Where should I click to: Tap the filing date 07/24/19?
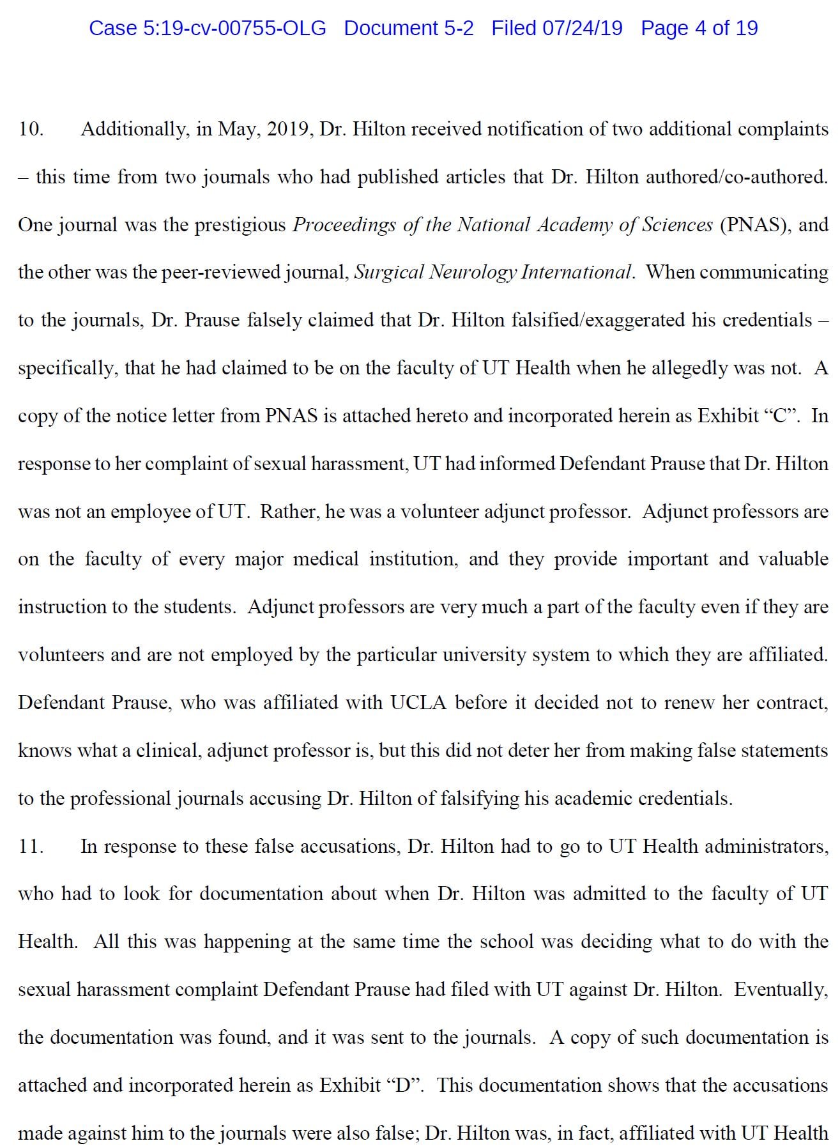coord(582,28)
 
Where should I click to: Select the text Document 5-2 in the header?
coord(409,28)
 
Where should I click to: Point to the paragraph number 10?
coord(31,129)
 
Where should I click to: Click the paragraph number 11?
coord(31,846)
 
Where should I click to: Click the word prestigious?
coord(240,225)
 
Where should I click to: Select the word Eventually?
coord(781,990)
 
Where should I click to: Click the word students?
coord(200,607)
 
